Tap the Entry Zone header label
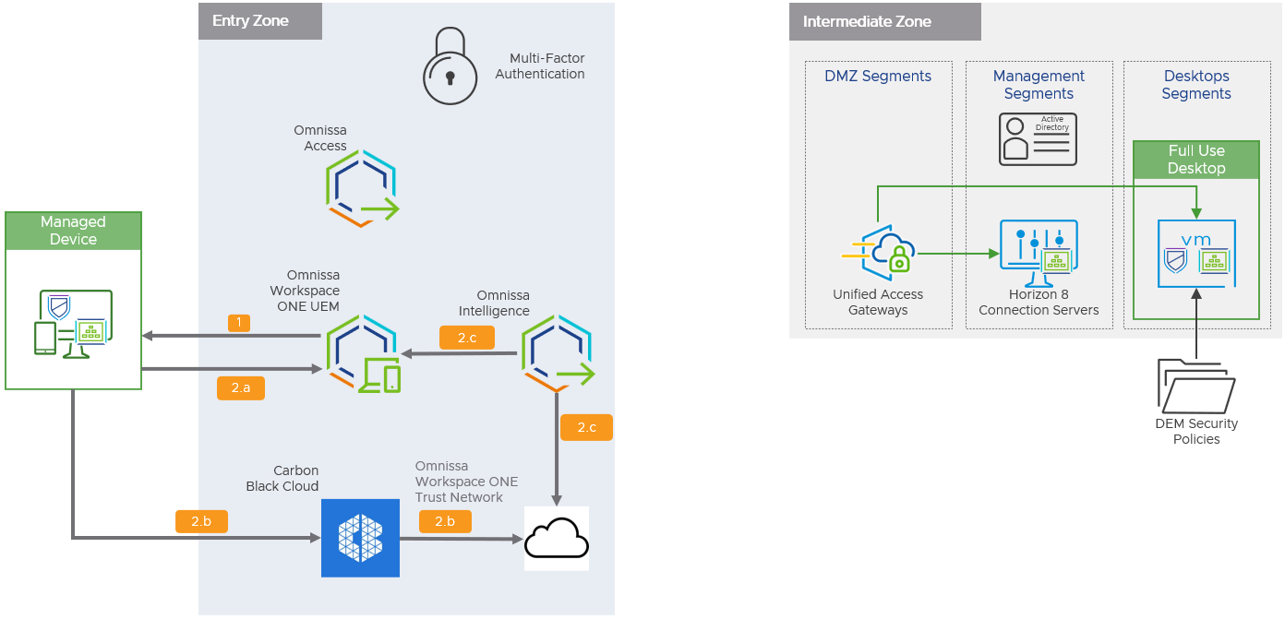point(251,20)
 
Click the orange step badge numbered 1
point(239,323)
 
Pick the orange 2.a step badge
point(240,388)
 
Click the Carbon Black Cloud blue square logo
point(360,538)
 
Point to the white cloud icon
point(557,539)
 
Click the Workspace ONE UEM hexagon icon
point(362,354)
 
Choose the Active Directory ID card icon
point(1038,139)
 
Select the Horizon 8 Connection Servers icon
point(1039,254)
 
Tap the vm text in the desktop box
point(1196,239)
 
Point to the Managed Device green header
point(73,231)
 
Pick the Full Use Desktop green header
point(1196,160)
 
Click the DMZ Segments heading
point(878,77)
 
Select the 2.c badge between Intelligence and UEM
point(467,338)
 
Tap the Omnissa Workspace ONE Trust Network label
point(466,482)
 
